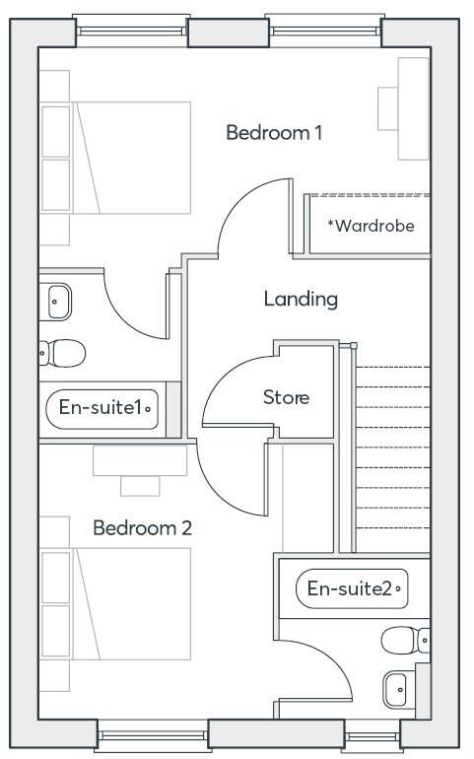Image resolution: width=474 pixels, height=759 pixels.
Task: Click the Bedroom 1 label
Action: click(x=274, y=132)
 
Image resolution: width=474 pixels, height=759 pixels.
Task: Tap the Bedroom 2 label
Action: click(x=142, y=528)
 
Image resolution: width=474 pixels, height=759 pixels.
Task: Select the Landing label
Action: click(x=301, y=299)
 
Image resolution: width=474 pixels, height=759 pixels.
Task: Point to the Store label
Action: click(x=286, y=398)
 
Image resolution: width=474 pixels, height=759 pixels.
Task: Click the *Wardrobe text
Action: click(x=371, y=226)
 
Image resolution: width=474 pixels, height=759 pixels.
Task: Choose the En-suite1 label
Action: click(x=102, y=407)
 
